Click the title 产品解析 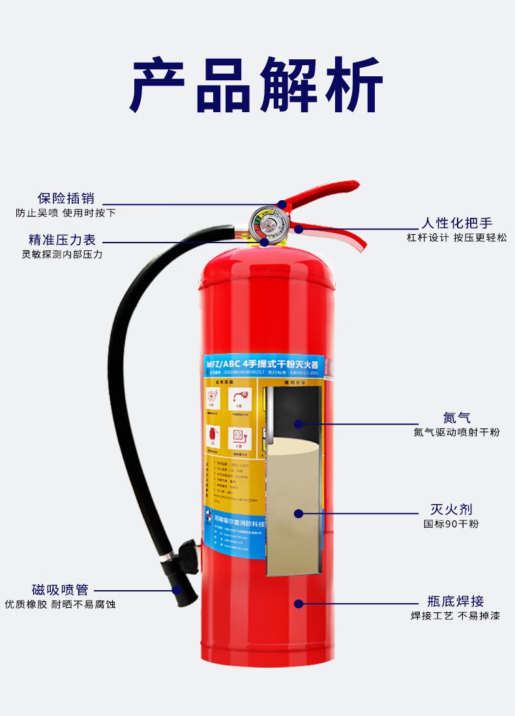pyautogui.click(x=257, y=85)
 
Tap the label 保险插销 pyautogui.click(x=66, y=198)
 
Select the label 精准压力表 pyautogui.click(x=62, y=240)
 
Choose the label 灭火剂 pyautogui.click(x=451, y=509)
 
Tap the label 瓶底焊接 pyautogui.click(x=456, y=601)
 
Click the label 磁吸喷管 pyautogui.click(x=60, y=589)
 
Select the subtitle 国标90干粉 pyautogui.click(x=451, y=524)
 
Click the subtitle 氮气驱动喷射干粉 pyautogui.click(x=456, y=432)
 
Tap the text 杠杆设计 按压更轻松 pyautogui.click(x=456, y=238)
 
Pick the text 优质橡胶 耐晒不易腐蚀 pyautogui.click(x=60, y=604)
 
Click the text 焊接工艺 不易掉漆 pyautogui.click(x=456, y=616)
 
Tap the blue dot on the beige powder pyautogui.click(x=299, y=513)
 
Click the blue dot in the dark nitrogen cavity pyautogui.click(x=298, y=424)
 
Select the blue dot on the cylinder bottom pyautogui.click(x=299, y=604)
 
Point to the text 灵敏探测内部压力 pyautogui.click(x=62, y=254)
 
